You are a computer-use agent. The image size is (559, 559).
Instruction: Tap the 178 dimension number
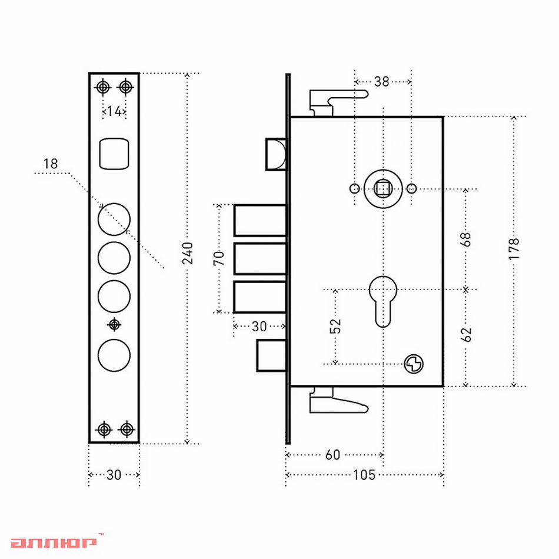tap(514, 249)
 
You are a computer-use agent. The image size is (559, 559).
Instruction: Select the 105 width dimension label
tap(364, 475)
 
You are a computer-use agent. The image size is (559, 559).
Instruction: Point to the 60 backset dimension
tap(333, 455)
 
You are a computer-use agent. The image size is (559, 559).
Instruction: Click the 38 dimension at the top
tap(382, 82)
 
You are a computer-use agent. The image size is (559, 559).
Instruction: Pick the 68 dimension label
tap(466, 239)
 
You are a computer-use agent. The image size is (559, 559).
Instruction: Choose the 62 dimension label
tap(466, 334)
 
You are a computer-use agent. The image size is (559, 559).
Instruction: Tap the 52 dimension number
tap(335, 327)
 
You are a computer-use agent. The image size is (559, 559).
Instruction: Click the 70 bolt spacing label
tap(219, 258)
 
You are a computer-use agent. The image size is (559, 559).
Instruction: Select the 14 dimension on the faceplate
tap(114, 111)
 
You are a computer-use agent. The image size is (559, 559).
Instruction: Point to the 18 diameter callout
tap(51, 164)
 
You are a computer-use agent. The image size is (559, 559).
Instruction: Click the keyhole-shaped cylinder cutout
tap(382, 299)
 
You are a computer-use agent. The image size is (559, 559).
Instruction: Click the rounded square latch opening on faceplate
tap(114, 154)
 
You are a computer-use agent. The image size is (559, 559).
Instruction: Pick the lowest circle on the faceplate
tap(114, 355)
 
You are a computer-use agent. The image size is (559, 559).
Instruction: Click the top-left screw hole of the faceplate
tap(103, 88)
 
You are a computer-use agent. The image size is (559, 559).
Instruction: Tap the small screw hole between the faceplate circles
tap(114, 324)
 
